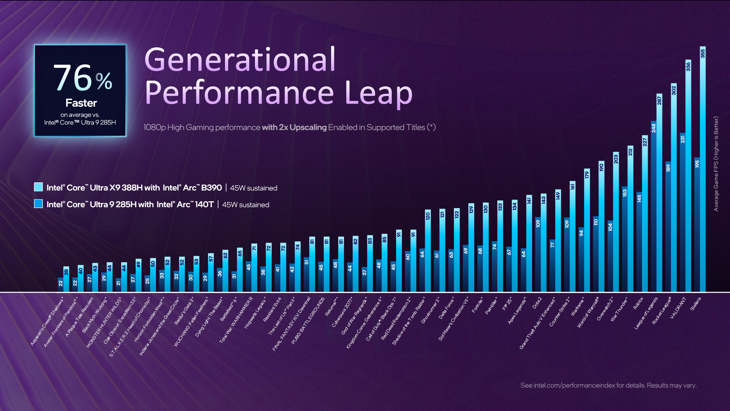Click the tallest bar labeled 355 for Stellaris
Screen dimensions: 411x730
[x=703, y=171]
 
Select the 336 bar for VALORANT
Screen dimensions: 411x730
[x=688, y=177]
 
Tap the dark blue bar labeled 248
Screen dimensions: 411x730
[x=653, y=205]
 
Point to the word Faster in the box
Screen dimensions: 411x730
[x=81, y=103]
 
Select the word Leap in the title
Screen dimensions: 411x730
[x=378, y=93]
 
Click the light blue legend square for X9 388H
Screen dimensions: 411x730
[x=38, y=187]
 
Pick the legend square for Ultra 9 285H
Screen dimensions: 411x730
[x=38, y=204]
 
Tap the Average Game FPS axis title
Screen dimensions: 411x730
[x=716, y=164]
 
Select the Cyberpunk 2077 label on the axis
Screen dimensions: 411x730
[x=342, y=312]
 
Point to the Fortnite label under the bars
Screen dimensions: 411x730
[x=477, y=305]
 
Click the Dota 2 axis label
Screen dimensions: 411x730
[x=536, y=303]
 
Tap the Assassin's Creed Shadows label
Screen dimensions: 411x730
[x=47, y=322]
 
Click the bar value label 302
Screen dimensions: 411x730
[x=674, y=91]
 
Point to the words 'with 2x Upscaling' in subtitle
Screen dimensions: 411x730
[x=294, y=127]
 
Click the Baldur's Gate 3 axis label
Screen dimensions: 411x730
[x=184, y=311]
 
